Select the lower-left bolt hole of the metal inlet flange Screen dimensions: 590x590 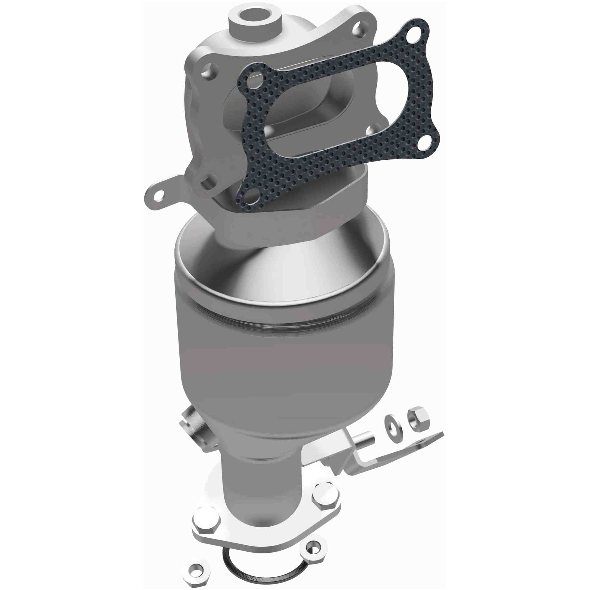point(209,182)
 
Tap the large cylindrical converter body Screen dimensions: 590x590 point(284,360)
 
